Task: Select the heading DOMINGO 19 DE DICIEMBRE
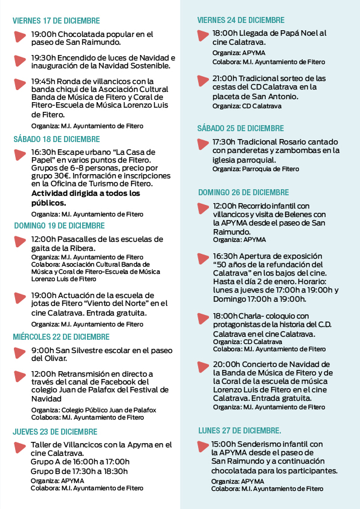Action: tap(59, 225)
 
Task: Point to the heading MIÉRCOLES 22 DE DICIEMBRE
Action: tap(61, 337)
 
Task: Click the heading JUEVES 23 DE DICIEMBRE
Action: tap(55, 432)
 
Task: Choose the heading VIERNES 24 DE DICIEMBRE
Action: tap(241, 21)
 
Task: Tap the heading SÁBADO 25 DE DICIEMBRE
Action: tap(240, 128)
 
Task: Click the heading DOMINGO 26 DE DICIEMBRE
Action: tap(243, 192)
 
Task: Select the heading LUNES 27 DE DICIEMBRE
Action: tap(240, 431)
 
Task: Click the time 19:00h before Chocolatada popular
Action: tap(43, 34)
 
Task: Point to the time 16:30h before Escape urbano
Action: tap(43, 152)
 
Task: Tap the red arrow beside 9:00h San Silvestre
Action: tap(21, 352)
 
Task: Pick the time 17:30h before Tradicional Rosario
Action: tap(225, 142)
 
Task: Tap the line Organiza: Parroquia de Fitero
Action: tap(256, 169)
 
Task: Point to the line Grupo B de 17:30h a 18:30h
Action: tap(79, 471)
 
